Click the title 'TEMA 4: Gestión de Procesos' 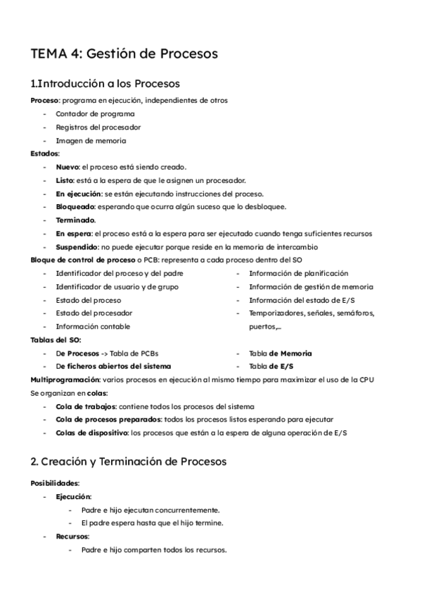124,53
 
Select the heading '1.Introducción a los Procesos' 105,84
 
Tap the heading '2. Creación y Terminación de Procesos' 129,462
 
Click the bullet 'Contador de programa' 95,114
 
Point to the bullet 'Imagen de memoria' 91,140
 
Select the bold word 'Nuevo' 68,167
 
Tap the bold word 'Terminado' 75,220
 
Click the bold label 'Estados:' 45,153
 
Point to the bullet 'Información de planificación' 298,273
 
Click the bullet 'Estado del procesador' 94,313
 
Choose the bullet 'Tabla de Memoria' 281,353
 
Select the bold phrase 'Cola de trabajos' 85,407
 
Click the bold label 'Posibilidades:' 55,483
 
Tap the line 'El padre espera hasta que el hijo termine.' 152,523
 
